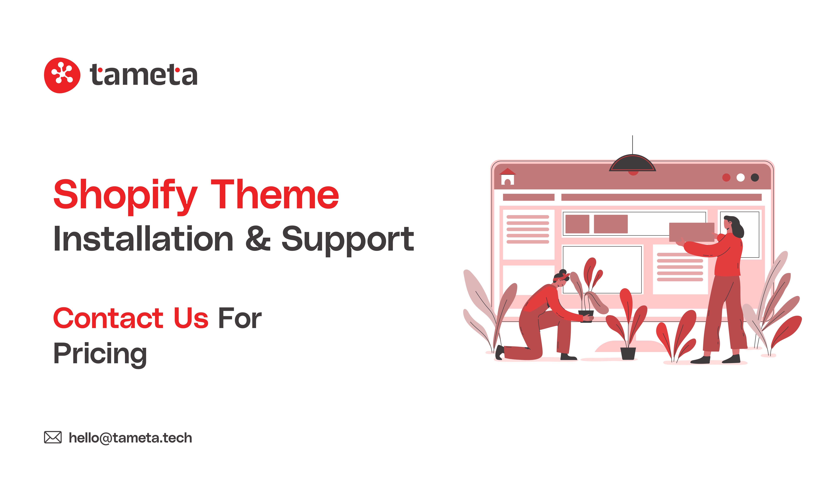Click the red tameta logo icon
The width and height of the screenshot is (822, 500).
coord(62,75)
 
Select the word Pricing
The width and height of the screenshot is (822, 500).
coord(100,354)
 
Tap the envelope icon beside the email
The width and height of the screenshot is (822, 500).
coord(53,437)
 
